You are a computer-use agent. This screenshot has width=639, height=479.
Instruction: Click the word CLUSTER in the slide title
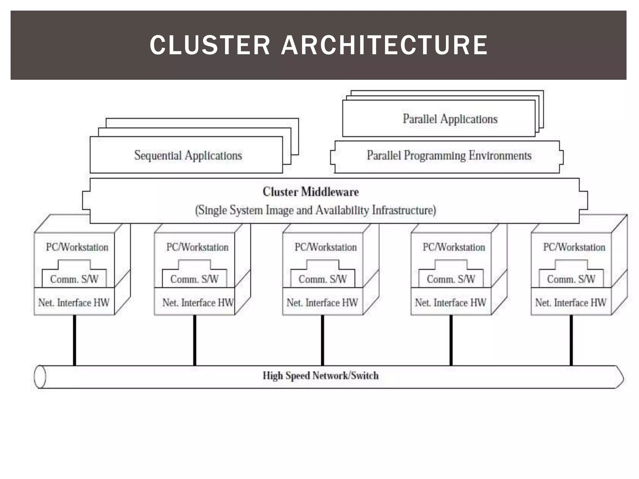click(210, 45)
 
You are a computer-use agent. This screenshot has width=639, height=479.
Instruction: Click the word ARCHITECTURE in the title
click(384, 45)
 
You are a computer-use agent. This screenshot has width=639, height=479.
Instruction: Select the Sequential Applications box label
click(188, 155)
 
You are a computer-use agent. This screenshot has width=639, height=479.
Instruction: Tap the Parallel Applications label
click(450, 119)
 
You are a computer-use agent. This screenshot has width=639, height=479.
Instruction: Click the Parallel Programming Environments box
click(449, 156)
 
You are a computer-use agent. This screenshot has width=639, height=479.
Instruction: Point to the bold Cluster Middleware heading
click(310, 192)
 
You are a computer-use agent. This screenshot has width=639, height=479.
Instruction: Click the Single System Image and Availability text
click(315, 210)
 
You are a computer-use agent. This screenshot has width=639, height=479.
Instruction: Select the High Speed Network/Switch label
click(320, 376)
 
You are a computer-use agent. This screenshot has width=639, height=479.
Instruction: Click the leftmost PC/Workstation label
click(77, 247)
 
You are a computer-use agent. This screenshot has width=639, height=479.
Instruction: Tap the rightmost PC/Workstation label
click(574, 247)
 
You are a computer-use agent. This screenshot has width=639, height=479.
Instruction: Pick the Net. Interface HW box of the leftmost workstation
click(74, 302)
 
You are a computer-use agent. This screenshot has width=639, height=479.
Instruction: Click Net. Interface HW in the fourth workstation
click(450, 302)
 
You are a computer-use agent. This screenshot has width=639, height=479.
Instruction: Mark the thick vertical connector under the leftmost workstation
click(74, 340)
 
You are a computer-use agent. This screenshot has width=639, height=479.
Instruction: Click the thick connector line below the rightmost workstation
click(571, 340)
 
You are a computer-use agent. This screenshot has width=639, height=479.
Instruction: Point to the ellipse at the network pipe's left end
click(40, 377)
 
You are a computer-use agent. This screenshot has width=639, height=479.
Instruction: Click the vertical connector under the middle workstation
click(322, 340)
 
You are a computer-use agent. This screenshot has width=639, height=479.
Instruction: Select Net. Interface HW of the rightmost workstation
click(571, 302)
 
